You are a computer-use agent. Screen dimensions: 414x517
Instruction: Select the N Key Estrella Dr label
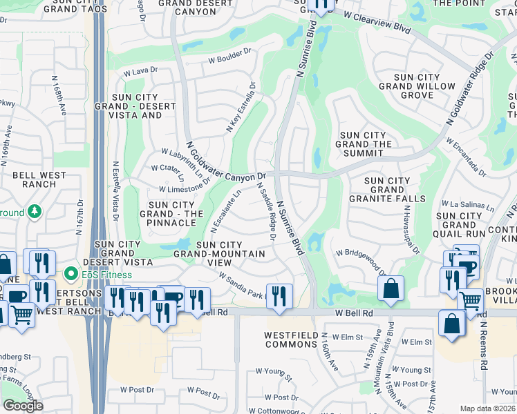click(241, 108)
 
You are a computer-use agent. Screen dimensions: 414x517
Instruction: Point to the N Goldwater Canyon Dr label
click(226, 166)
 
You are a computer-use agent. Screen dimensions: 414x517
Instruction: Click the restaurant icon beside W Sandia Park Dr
click(279, 296)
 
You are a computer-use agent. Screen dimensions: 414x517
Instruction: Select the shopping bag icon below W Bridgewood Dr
click(391, 290)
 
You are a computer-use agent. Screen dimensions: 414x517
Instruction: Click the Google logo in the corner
click(23, 406)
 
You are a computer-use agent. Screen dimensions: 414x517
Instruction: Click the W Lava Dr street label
click(141, 70)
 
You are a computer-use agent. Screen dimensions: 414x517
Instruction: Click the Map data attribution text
click(488, 408)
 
